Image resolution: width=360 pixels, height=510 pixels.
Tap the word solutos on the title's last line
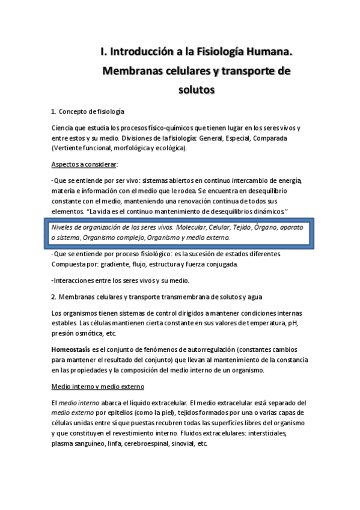[196, 90]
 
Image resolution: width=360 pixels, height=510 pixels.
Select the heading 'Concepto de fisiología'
[91, 112]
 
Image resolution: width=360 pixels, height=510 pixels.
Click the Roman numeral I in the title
[102, 52]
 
